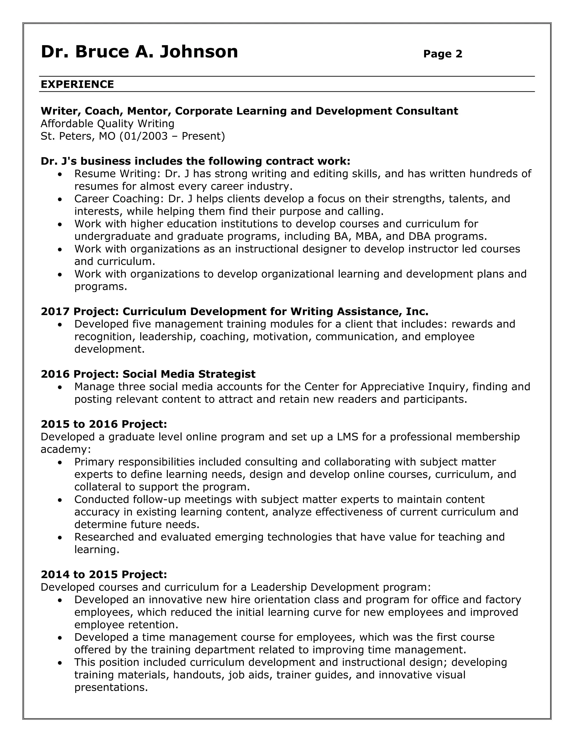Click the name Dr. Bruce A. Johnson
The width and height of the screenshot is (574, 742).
click(139, 52)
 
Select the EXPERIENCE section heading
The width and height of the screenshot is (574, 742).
click(77, 84)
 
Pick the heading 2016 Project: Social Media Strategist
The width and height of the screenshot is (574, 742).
click(148, 374)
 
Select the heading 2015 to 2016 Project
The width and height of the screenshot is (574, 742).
click(104, 424)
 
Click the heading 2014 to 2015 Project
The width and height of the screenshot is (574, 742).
click(104, 574)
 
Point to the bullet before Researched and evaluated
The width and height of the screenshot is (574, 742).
click(60, 538)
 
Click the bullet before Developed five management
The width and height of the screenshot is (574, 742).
click(60, 325)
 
